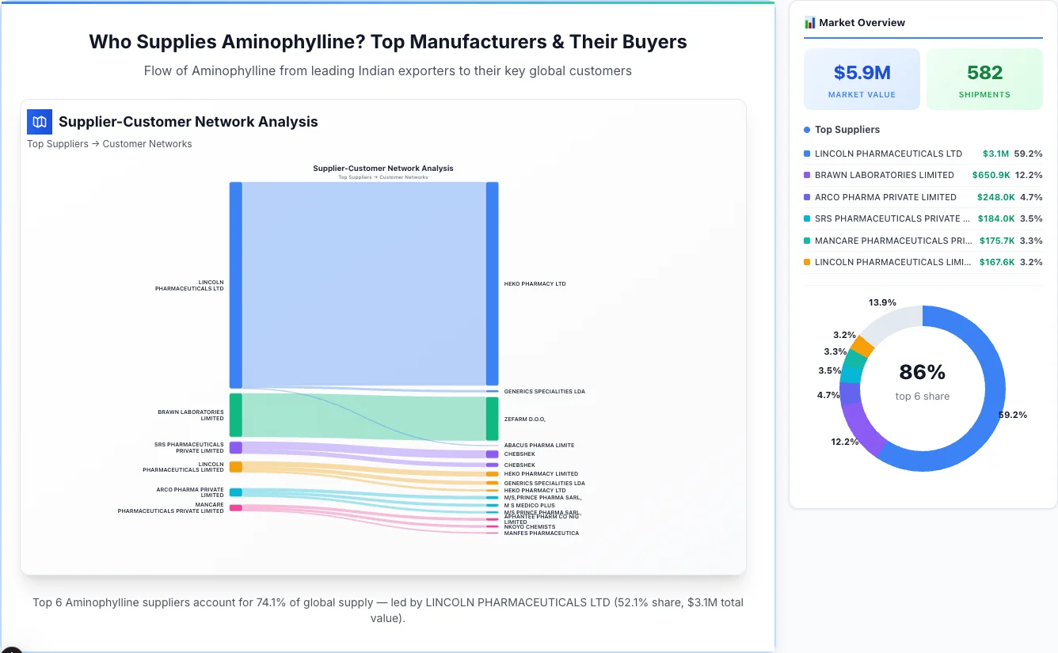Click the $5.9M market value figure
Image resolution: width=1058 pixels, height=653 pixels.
(862, 73)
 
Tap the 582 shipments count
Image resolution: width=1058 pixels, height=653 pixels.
(984, 73)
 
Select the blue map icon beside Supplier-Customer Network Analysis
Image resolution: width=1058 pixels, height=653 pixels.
(39, 122)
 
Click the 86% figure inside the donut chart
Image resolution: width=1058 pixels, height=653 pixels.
(922, 372)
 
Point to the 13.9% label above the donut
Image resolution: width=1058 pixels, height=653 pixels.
(881, 302)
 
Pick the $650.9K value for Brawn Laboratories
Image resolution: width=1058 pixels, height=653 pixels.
(990, 175)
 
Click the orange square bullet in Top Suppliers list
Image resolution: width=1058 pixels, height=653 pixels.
(807, 262)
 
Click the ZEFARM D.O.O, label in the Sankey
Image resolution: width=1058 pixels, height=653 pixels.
(524, 419)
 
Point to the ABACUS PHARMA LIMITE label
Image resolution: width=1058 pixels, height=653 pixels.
(539, 446)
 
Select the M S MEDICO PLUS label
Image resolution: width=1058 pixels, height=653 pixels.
(529, 505)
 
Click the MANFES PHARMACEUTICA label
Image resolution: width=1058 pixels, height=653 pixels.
(541, 533)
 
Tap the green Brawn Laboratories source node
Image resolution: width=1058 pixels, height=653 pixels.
(235, 415)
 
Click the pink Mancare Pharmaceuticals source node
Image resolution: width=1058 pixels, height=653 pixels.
(235, 507)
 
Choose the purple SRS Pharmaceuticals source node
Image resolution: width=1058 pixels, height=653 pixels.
(235, 447)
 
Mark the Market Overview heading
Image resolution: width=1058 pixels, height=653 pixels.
(862, 23)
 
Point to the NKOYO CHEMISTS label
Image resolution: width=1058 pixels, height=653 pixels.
(529, 527)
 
